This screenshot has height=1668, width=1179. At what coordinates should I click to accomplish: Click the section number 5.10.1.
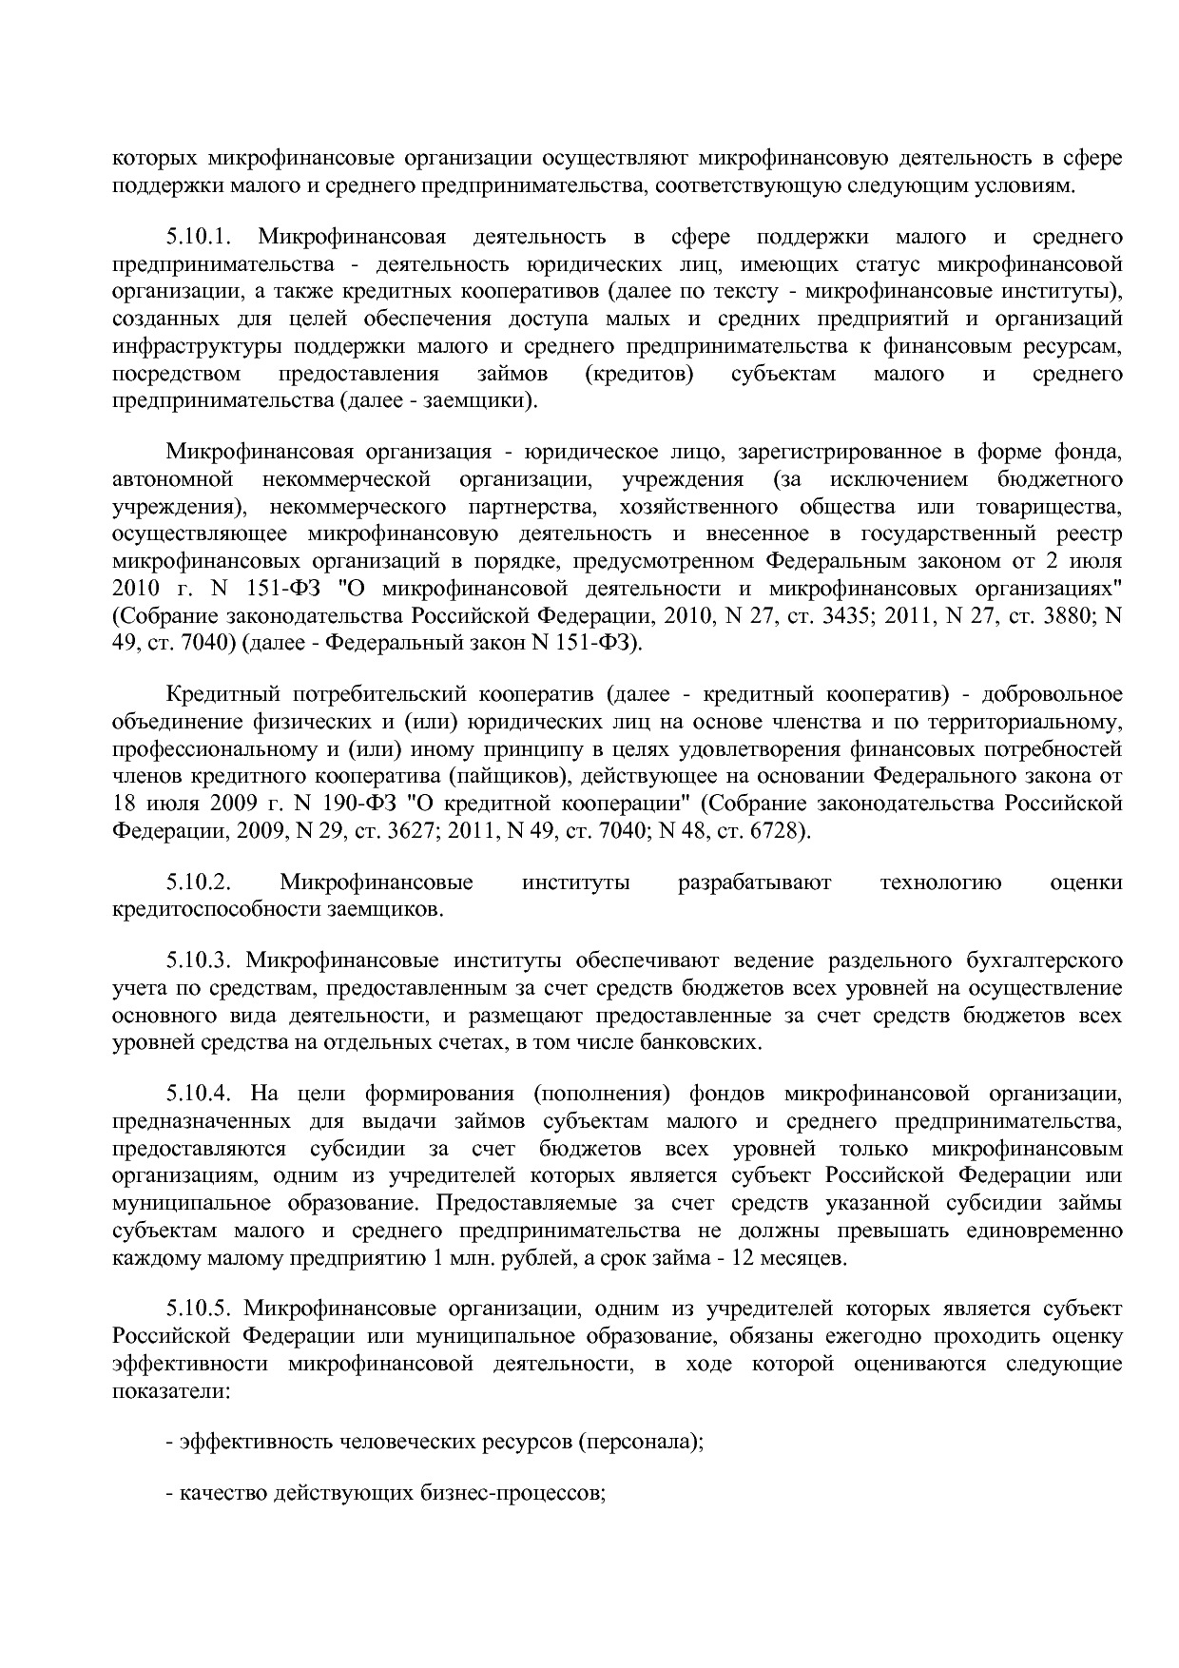click(200, 237)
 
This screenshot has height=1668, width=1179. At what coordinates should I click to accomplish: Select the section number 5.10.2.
click(200, 882)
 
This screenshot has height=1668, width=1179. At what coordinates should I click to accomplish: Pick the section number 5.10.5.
click(200, 1309)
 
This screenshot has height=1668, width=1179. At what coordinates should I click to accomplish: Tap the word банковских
click(698, 1042)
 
